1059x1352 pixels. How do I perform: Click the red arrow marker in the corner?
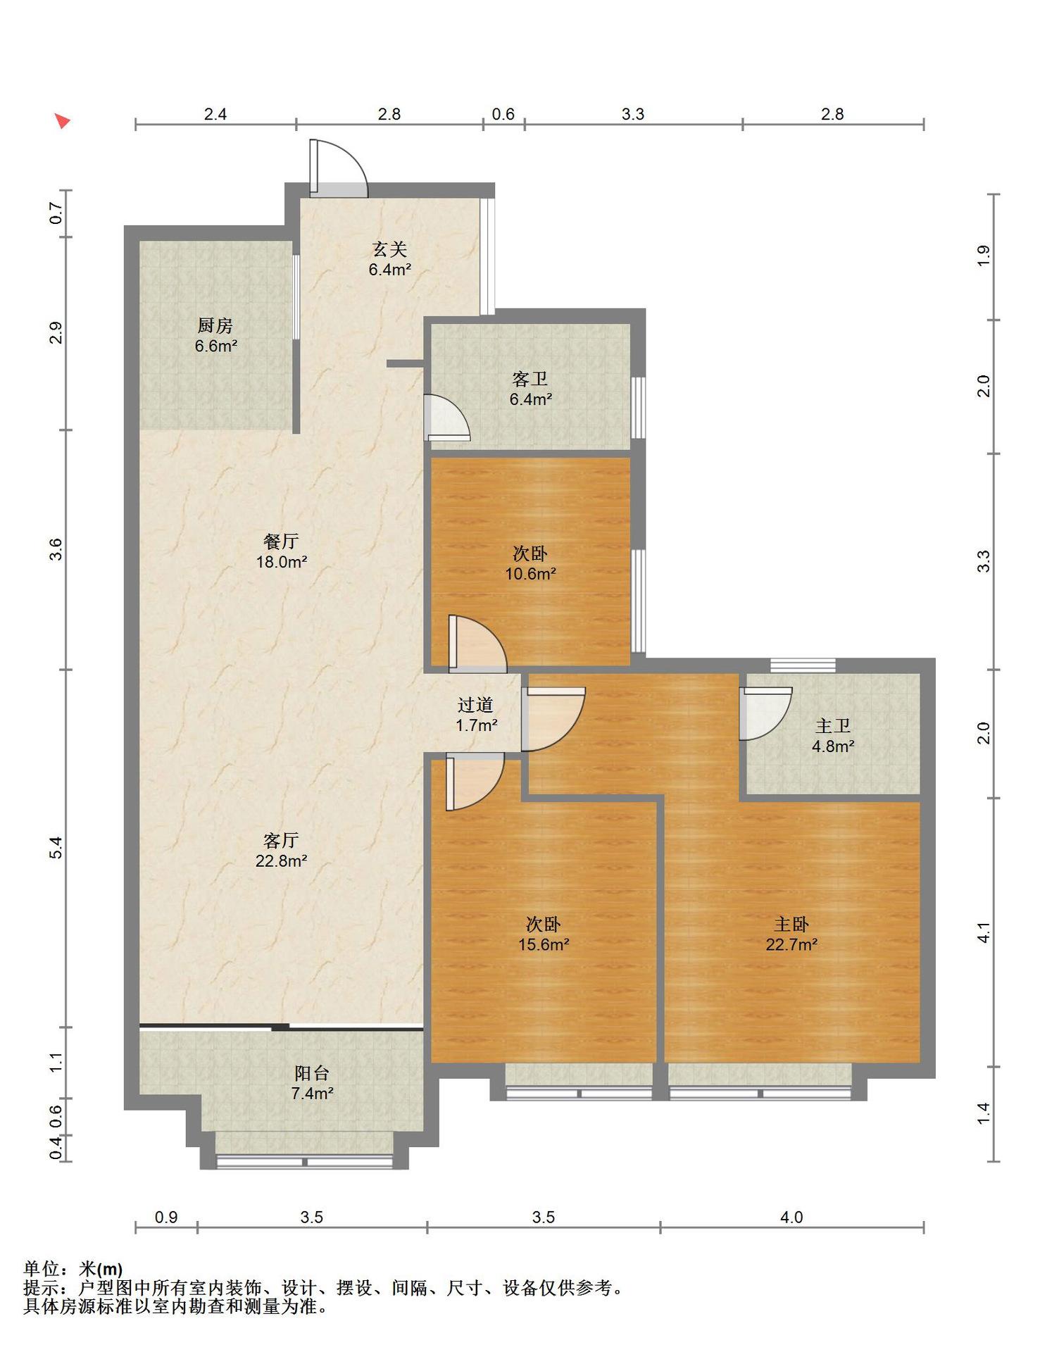(63, 121)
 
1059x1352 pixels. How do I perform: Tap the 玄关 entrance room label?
(389, 249)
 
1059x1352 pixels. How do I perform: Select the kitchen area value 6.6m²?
(216, 346)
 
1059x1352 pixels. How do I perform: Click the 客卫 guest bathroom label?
(530, 380)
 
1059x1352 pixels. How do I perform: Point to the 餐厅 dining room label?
(281, 542)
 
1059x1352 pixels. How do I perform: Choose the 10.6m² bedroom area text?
(531, 574)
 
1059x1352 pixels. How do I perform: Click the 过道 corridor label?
(475, 705)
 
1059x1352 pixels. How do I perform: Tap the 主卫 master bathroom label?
(833, 726)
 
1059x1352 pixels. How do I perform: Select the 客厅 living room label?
(281, 840)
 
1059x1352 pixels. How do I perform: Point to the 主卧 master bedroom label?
(791, 925)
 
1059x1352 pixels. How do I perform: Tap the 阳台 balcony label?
(312, 1073)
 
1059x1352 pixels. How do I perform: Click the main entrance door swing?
(339, 168)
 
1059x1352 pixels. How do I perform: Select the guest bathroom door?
(447, 418)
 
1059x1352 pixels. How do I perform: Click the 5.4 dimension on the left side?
(56, 848)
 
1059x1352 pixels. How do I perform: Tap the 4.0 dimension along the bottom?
(792, 1217)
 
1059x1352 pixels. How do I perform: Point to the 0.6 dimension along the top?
(503, 114)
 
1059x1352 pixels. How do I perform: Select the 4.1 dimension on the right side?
(984, 932)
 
